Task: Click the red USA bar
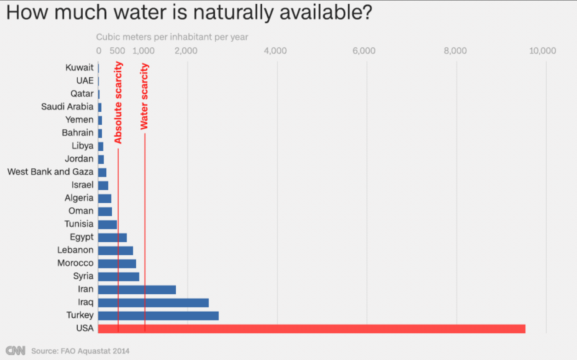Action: point(312,329)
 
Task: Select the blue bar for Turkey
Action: point(158,316)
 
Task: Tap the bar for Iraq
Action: point(153,303)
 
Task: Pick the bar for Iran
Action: point(137,290)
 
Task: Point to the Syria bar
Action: point(118,276)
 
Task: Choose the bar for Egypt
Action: point(112,237)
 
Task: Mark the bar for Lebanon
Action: point(115,251)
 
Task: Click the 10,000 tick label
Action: point(542,51)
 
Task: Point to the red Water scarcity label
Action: point(144,96)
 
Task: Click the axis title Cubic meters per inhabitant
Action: point(172,37)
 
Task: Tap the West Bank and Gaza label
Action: point(50,172)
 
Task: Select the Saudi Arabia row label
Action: point(67,107)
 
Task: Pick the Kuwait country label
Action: point(79,68)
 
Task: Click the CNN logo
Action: point(15,350)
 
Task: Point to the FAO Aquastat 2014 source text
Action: point(81,351)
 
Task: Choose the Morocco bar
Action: point(117,263)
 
